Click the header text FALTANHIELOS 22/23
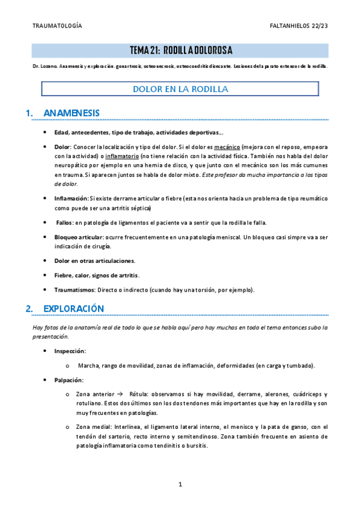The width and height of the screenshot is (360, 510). tap(299, 26)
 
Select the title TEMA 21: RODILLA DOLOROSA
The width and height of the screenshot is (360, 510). tap(180, 50)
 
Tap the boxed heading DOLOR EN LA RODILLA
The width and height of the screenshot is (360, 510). tap(180, 89)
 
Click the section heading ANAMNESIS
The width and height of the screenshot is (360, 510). tap(72, 113)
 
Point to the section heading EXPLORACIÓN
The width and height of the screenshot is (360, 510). tap(74, 309)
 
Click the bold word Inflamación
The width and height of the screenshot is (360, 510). tap(71, 198)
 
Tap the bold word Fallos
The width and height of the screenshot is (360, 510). tap(64, 223)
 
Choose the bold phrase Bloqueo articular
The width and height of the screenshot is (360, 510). tap(78, 238)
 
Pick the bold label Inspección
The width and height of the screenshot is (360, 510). tap(70, 351)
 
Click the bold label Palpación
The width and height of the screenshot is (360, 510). tap(69, 380)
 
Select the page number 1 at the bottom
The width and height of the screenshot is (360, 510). tap(180, 484)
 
